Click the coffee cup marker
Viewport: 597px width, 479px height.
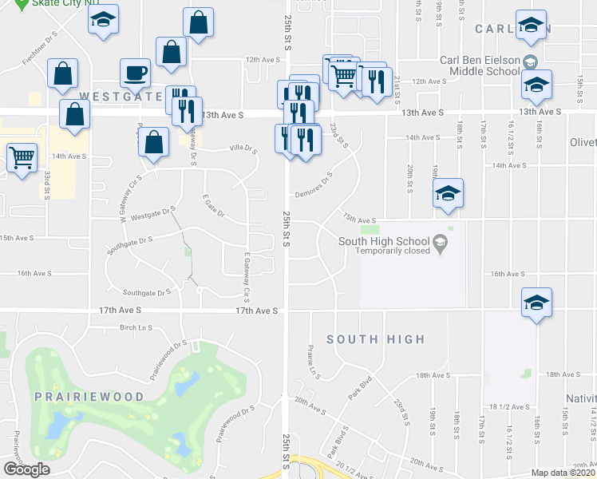(135, 73)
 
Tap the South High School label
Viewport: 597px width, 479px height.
(383, 241)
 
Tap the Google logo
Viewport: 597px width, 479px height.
(26, 469)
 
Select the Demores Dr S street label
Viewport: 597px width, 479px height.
(313, 186)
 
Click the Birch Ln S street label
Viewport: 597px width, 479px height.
(135, 327)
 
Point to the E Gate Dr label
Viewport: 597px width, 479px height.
(215, 206)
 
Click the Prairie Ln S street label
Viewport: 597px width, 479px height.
(312, 360)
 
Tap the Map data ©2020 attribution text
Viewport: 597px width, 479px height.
(563, 473)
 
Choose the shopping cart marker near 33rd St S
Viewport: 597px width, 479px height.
(22, 156)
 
